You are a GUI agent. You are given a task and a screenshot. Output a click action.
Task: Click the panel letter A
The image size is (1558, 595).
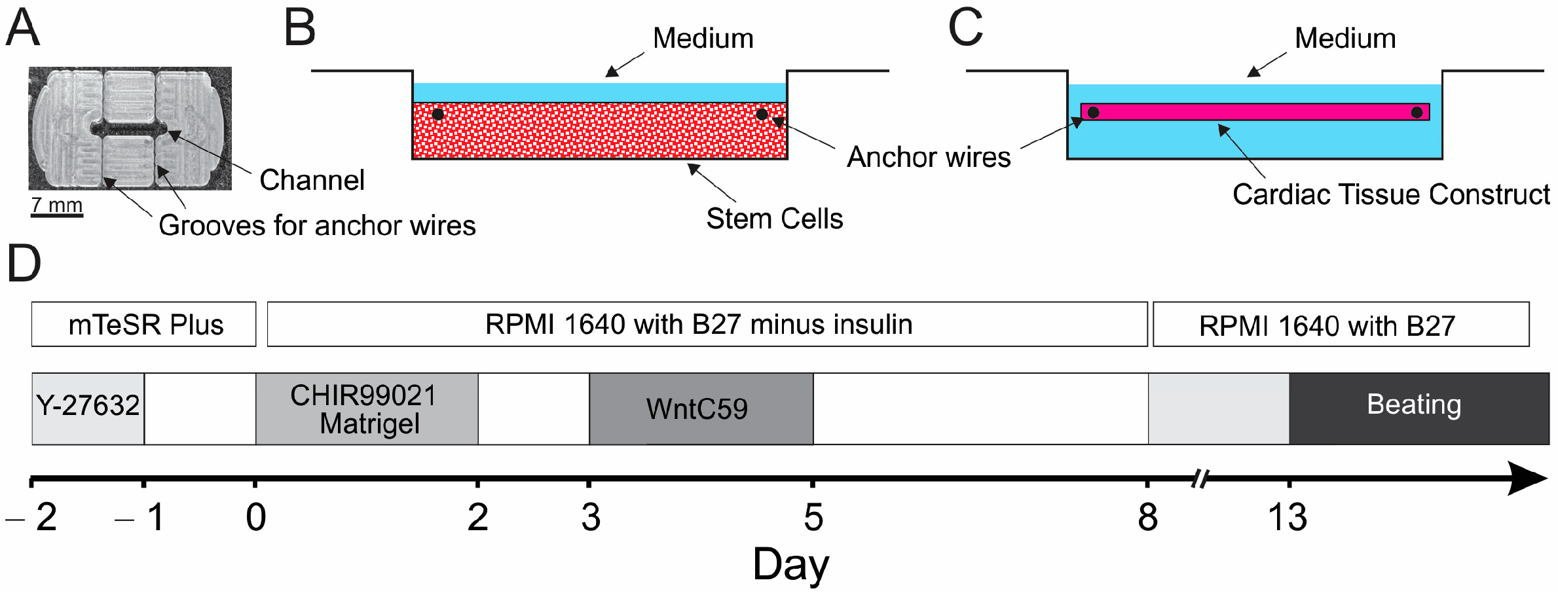(23, 29)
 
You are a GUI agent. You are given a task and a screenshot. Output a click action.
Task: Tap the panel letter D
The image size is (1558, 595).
(24, 264)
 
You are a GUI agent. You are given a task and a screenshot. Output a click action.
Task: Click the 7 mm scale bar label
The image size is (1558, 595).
(57, 205)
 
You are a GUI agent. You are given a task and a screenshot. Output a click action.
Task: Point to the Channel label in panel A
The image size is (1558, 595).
(312, 180)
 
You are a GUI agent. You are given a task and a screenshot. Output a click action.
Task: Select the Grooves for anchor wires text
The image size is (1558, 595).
(317, 226)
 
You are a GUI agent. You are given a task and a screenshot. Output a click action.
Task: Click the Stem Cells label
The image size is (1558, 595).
(774, 219)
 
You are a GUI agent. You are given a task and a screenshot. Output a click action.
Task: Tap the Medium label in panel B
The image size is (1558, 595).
(703, 39)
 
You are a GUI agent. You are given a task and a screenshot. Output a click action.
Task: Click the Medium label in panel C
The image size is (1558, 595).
(1345, 39)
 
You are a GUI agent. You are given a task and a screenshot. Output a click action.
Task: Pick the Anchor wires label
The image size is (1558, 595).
(928, 157)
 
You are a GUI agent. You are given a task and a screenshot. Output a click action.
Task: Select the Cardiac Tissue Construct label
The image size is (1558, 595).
(1390, 194)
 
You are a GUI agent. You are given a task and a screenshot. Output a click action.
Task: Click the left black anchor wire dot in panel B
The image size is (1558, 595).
(438, 115)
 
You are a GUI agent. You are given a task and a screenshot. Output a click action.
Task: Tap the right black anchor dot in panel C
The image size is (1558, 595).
(1417, 113)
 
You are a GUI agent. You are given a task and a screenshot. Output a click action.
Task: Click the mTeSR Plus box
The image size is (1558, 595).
(144, 325)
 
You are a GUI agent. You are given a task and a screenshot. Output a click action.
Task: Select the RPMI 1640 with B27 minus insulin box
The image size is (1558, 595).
(707, 325)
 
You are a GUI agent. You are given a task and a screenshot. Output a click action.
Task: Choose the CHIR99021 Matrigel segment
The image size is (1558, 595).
(367, 409)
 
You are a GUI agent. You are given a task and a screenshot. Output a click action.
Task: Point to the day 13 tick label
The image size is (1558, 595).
(1288, 518)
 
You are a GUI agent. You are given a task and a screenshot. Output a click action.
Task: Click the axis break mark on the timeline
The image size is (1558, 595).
(1200, 479)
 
